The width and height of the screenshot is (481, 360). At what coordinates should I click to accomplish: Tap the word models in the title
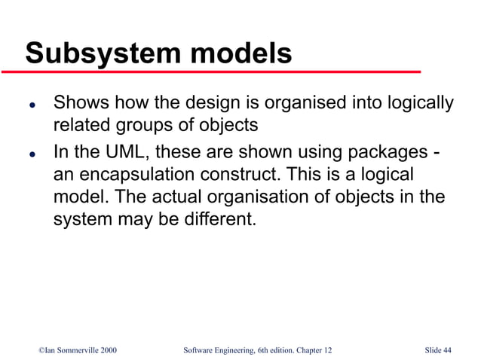pos(240,53)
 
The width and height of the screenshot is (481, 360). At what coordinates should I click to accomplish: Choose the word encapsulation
pos(138,174)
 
